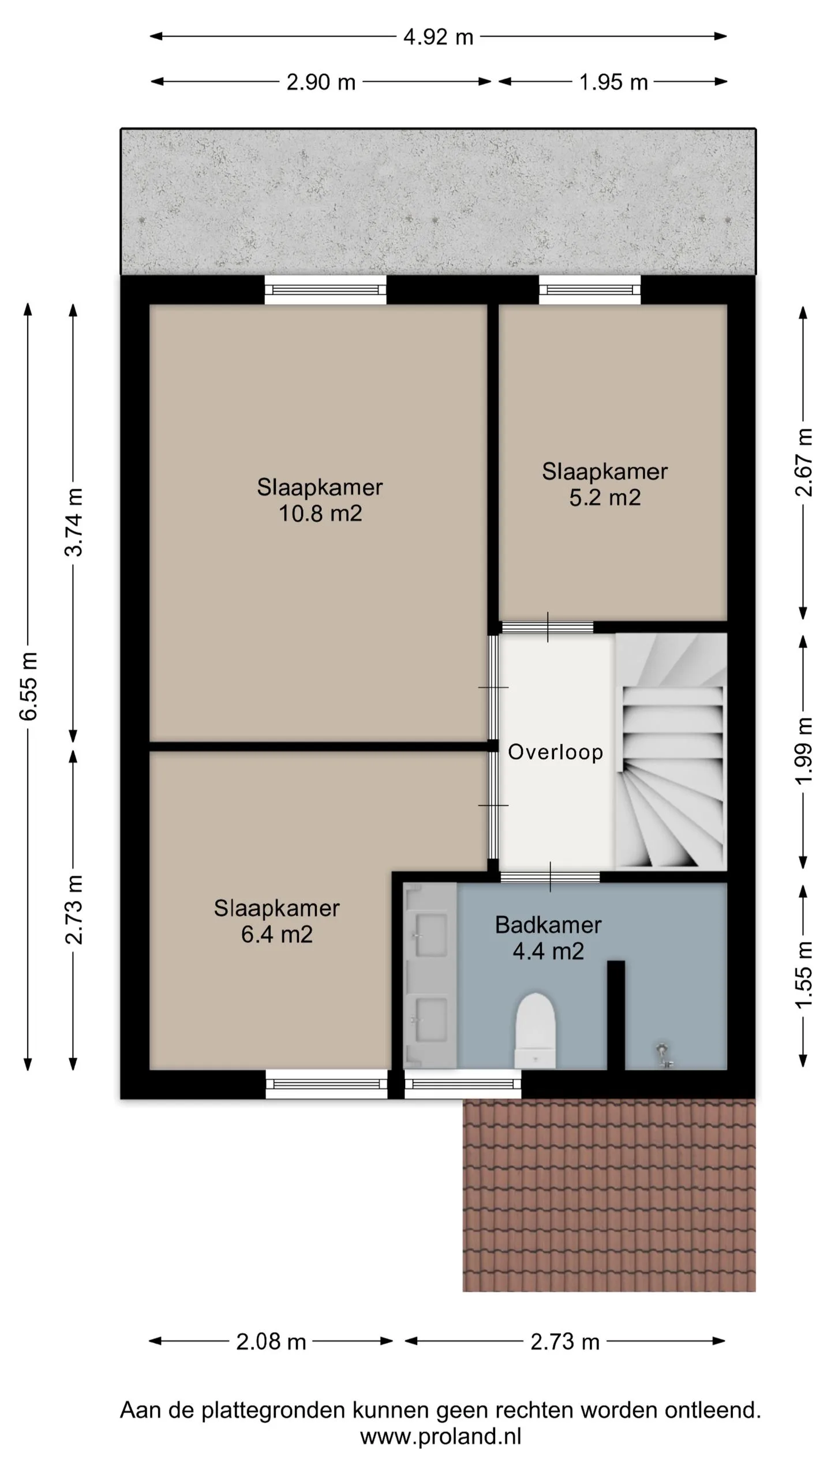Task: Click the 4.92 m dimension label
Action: click(438, 37)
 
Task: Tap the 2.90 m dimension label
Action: click(321, 82)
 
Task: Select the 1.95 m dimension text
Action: click(613, 82)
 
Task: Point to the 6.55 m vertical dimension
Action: click(28, 687)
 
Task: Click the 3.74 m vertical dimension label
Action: click(74, 522)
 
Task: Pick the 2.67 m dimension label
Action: click(803, 463)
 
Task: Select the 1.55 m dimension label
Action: click(803, 975)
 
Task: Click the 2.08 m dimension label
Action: click(271, 1342)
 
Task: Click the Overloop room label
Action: click(555, 752)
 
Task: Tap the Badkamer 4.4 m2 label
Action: click(548, 938)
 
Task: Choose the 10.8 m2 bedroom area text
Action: click(320, 513)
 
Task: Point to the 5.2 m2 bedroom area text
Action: click(605, 497)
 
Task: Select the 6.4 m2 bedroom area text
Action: click(276, 934)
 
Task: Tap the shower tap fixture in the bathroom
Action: click(664, 1055)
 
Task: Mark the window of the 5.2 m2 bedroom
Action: click(590, 290)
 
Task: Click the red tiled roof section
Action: click(609, 1195)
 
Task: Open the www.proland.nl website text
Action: click(440, 1435)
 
